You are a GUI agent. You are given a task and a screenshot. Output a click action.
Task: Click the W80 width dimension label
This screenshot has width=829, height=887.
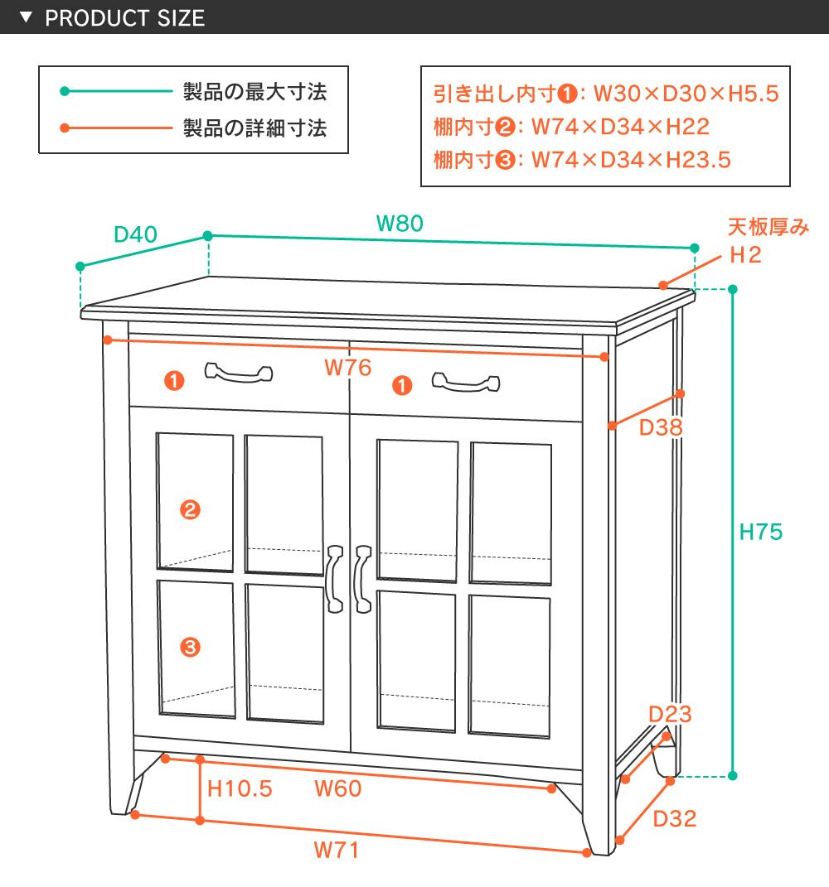[400, 223]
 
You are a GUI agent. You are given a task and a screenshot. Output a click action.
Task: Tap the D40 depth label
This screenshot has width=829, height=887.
[135, 234]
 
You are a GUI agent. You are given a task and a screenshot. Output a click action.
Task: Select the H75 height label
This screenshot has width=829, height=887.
[760, 532]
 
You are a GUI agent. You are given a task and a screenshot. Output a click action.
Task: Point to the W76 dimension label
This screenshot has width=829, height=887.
[347, 368]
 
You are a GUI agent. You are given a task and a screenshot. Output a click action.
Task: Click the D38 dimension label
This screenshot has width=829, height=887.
[661, 428]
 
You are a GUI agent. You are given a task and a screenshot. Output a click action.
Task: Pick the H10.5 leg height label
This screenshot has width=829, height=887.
[240, 788]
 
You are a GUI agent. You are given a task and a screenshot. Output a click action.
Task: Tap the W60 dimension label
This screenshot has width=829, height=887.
[337, 788]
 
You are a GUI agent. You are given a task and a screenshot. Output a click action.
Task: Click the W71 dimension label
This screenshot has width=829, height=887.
[337, 850]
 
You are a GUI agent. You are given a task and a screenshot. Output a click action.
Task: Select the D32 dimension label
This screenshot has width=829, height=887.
[675, 819]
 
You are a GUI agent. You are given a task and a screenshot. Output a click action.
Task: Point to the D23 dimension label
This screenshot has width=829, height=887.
[670, 714]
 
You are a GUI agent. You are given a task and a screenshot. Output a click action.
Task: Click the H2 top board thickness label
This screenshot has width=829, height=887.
[745, 255]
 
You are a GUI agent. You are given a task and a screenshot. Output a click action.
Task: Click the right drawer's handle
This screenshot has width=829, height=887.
[466, 383]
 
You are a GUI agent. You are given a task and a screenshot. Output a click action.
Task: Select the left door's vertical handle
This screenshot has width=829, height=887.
[335, 578]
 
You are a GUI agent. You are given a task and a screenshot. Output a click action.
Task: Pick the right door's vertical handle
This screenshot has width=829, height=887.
[361, 579]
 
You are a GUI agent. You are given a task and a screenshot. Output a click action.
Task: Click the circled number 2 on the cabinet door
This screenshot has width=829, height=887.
[190, 510]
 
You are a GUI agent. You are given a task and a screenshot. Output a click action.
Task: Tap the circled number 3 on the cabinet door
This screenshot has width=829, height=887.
[190, 647]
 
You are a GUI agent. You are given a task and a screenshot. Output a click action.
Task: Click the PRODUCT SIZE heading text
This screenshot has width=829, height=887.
[124, 18]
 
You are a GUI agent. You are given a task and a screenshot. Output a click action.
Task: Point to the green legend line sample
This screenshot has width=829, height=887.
[115, 92]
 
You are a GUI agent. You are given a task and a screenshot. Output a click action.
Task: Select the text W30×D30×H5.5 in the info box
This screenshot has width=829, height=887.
[686, 94]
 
